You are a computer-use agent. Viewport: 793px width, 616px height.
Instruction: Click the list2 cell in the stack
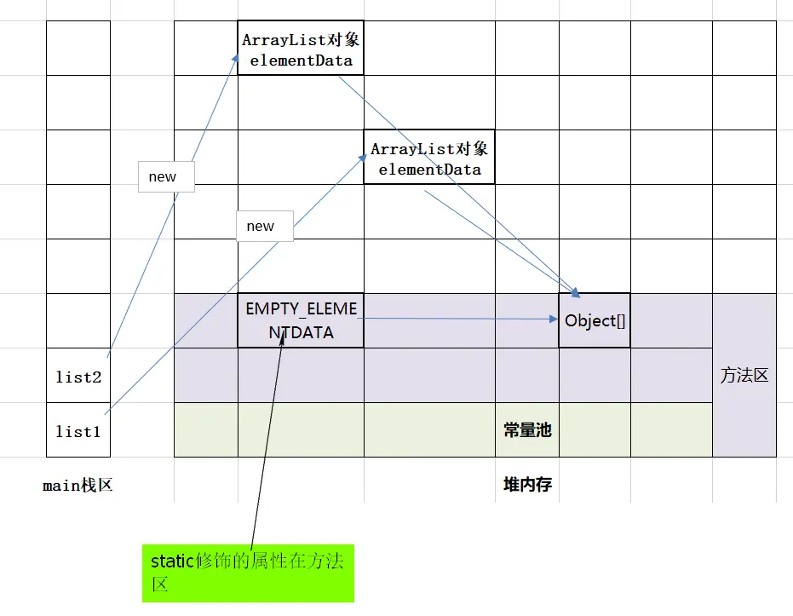click(78, 375)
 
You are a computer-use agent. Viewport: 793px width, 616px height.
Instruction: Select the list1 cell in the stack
click(78, 430)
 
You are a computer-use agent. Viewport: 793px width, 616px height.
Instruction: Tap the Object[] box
click(595, 320)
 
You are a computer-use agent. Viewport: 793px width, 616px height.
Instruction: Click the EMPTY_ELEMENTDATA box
click(301, 320)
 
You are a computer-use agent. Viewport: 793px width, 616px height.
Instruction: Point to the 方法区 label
click(744, 375)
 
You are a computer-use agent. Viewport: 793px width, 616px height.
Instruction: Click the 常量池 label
click(527, 430)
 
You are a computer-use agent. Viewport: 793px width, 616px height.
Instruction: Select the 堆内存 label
click(527, 485)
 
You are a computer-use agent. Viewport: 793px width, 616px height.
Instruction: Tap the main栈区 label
click(78, 486)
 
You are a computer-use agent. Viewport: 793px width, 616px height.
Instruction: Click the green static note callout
click(249, 573)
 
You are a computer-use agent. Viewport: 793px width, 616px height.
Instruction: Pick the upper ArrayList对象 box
click(301, 48)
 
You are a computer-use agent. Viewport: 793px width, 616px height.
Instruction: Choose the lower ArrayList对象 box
click(429, 157)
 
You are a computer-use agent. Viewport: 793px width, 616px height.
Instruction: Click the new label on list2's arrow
click(166, 177)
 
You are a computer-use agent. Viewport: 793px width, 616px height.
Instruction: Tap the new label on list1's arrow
click(265, 226)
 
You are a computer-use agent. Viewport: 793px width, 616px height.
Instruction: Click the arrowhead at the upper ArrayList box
click(235, 59)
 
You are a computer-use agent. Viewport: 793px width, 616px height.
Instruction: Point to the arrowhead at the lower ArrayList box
click(362, 158)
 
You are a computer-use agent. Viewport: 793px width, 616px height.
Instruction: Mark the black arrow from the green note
click(267, 438)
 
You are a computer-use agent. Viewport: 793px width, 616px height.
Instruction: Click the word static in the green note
click(172, 561)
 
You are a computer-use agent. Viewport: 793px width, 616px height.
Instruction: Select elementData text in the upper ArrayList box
click(301, 60)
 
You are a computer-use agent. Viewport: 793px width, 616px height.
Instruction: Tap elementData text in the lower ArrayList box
click(430, 170)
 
